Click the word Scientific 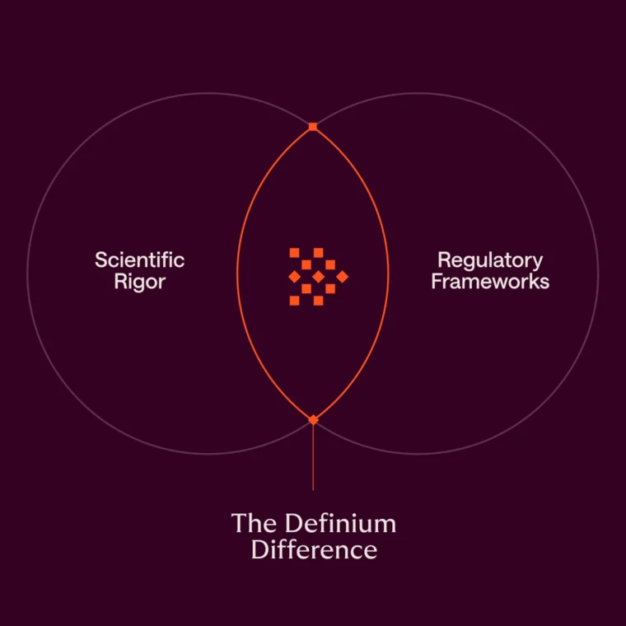tap(139, 260)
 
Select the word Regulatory tap(490, 260)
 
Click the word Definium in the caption tap(341, 523)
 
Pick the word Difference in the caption tap(314, 549)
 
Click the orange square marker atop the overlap tap(313, 127)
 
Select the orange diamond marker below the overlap tap(313, 420)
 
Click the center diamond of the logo tap(318, 277)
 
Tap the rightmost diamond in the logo tap(342, 277)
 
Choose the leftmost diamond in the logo tap(294, 277)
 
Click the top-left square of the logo tap(294, 253)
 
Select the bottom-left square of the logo tap(294, 301)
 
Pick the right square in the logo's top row tap(318, 253)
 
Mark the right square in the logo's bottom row tap(318, 301)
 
